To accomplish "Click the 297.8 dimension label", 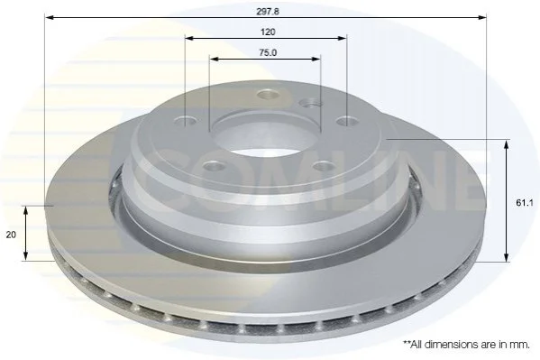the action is point(268,12).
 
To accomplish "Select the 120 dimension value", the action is point(268,32).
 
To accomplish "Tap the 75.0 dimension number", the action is point(268,52).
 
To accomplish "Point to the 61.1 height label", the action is point(524,203).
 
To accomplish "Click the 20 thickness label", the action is point(11,235).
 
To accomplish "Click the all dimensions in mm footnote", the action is point(466,345).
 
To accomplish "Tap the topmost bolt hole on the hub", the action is point(269,94).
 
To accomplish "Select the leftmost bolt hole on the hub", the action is point(186,122).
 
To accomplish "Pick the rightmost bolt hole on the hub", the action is point(347,122).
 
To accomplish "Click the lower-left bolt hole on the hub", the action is point(215,167).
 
